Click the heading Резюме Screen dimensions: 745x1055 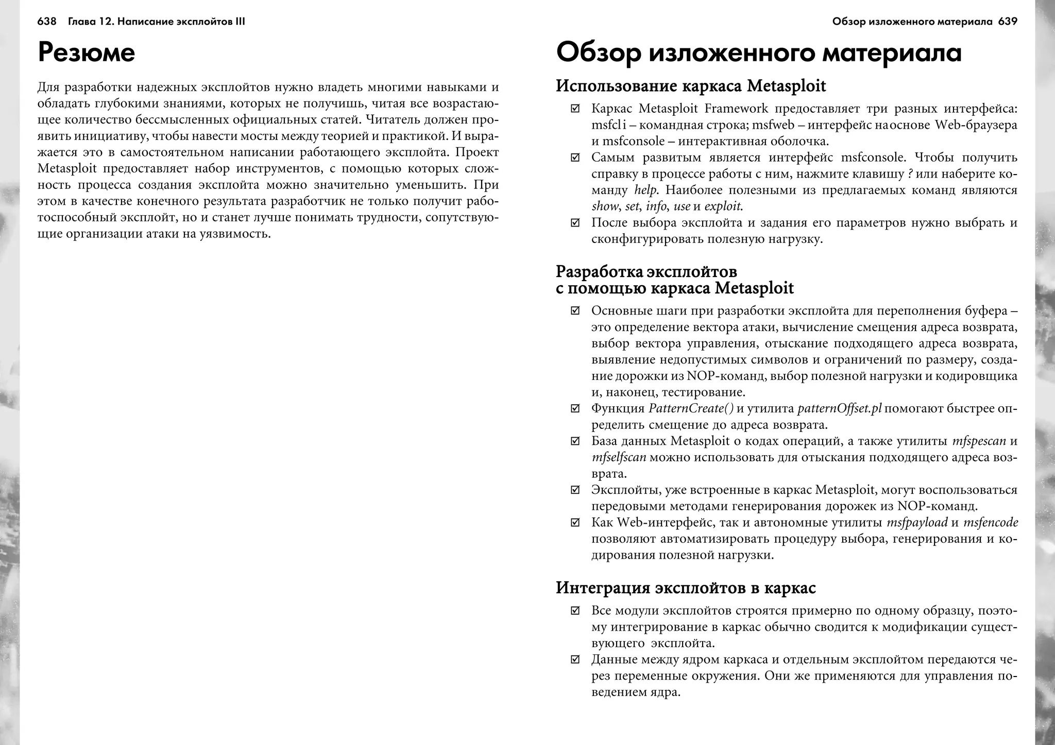point(87,54)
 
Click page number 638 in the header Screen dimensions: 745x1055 point(46,22)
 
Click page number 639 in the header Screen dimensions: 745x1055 point(1008,22)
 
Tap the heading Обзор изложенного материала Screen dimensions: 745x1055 point(758,54)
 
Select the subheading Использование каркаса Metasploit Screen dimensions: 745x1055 point(690,86)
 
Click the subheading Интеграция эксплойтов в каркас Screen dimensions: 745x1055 point(685,587)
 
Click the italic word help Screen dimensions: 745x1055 point(645,190)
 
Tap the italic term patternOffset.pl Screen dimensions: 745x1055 point(839,409)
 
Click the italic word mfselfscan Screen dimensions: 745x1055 point(618,457)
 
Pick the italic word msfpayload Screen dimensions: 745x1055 point(917,523)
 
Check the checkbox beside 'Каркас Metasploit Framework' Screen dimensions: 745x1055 point(575,109)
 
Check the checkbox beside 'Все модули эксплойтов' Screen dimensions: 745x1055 point(575,611)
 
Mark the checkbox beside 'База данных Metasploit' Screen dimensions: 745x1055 point(575,441)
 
